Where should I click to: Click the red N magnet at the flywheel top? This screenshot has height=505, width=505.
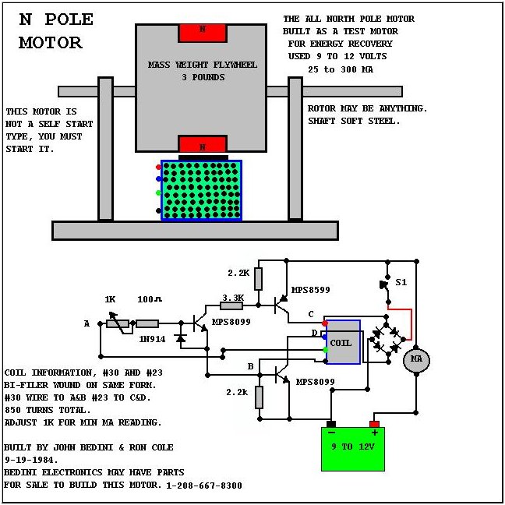coord(203,33)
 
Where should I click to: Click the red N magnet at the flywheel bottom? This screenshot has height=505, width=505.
coord(203,143)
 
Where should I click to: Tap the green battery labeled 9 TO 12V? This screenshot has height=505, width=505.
coord(353,449)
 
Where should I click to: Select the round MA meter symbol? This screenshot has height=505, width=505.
coord(416,359)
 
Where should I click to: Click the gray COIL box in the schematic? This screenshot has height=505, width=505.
coord(344,342)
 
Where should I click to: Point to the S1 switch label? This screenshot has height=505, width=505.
coord(401,282)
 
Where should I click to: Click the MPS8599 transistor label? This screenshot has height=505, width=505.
coord(311,290)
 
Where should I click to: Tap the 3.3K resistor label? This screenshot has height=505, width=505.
coord(233,298)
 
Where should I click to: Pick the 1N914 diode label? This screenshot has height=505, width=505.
coord(152,339)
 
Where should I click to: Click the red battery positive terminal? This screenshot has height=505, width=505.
coord(374,424)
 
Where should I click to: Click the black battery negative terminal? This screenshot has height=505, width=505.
coord(331,424)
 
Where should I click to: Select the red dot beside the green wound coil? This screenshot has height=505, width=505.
coord(158,167)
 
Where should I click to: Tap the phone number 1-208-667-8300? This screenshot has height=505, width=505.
coord(204,486)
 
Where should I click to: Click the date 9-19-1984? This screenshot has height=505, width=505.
coord(31,460)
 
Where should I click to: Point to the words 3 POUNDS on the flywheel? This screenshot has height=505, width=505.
coord(203,77)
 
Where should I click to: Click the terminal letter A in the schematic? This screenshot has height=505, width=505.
coord(87,323)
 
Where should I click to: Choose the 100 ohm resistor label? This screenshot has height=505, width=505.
coord(150,299)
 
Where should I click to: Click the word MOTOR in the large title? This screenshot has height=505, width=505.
coord(51,43)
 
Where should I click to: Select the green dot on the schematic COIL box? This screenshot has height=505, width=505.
coord(325,350)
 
